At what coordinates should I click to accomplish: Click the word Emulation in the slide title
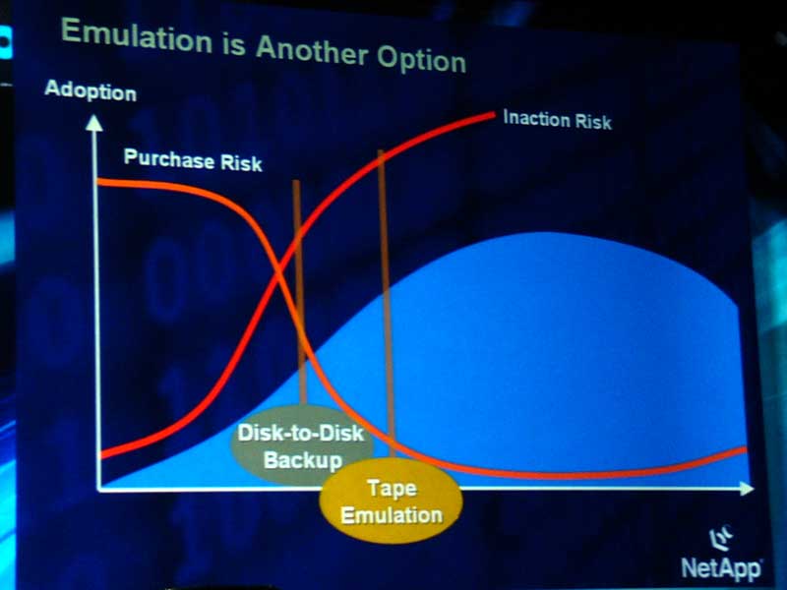pyautogui.click(x=137, y=37)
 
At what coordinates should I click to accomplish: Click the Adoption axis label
pyautogui.click(x=91, y=91)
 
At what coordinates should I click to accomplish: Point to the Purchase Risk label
pyautogui.click(x=193, y=160)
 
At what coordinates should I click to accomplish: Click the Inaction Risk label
pyautogui.click(x=557, y=120)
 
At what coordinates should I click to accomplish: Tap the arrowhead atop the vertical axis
pyautogui.click(x=93, y=123)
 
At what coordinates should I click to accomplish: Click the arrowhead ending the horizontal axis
pyautogui.click(x=747, y=488)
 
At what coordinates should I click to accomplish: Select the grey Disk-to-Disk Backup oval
pyautogui.click(x=301, y=445)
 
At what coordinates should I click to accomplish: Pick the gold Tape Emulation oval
pyautogui.click(x=391, y=501)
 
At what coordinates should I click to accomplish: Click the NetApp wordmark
pyautogui.click(x=721, y=568)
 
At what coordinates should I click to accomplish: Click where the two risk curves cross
pyautogui.click(x=279, y=272)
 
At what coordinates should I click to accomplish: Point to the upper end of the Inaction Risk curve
pyautogui.click(x=493, y=116)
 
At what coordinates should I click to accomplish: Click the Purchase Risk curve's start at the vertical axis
pyautogui.click(x=99, y=182)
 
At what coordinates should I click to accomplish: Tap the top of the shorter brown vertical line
pyautogui.click(x=296, y=182)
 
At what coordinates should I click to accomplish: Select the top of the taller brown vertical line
pyautogui.click(x=381, y=151)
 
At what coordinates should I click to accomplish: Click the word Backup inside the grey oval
pyautogui.click(x=303, y=459)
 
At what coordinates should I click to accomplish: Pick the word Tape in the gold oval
pyautogui.click(x=392, y=488)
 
